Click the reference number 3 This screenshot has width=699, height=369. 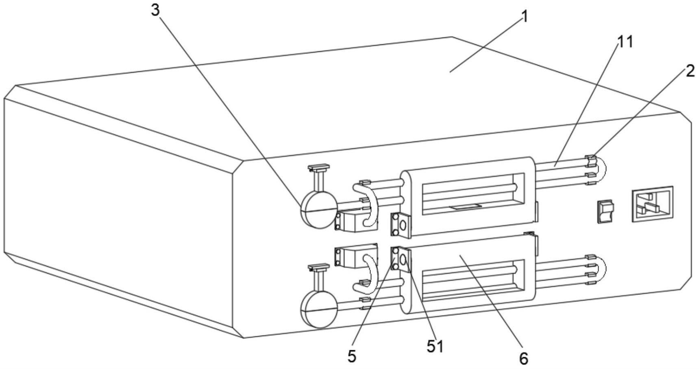pos(155,10)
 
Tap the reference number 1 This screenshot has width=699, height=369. pos(525,17)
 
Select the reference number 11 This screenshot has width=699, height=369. pos(625,42)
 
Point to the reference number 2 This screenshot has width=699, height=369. pos(690,71)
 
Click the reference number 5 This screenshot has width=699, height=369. pos(352,356)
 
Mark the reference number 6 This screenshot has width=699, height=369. pos(524,358)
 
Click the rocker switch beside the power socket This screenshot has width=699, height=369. pos(605,211)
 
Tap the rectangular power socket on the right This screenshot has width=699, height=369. pos(652,204)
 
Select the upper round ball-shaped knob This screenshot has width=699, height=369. pos(319,209)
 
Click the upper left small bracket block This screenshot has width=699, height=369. pos(355,221)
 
